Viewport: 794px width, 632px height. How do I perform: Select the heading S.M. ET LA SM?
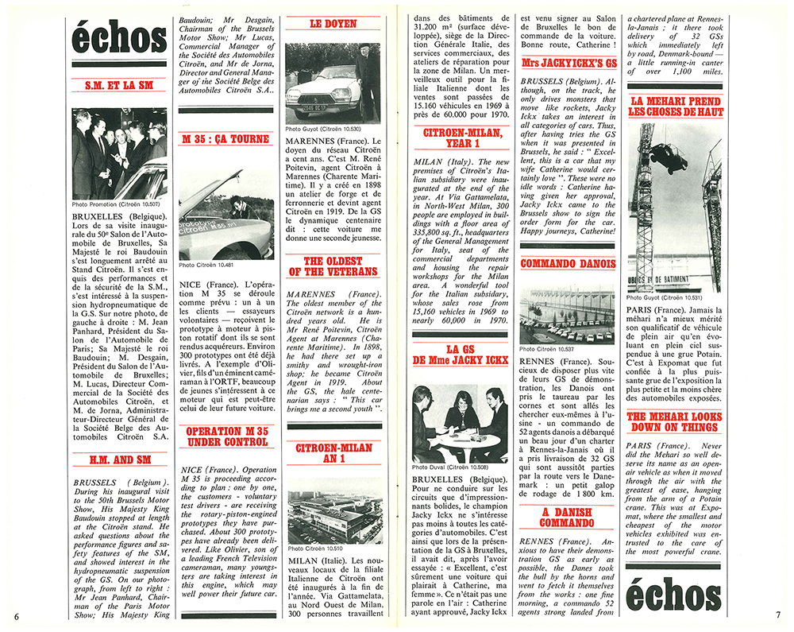(x=118, y=86)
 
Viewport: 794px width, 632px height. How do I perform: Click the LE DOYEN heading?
(x=333, y=24)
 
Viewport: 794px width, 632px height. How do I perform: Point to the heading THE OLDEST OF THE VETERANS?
(x=333, y=266)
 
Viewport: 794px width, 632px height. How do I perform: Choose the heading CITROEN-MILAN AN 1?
(x=333, y=455)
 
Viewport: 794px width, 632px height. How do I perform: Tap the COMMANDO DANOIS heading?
(x=567, y=264)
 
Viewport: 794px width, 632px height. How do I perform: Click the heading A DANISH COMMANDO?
(x=567, y=518)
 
